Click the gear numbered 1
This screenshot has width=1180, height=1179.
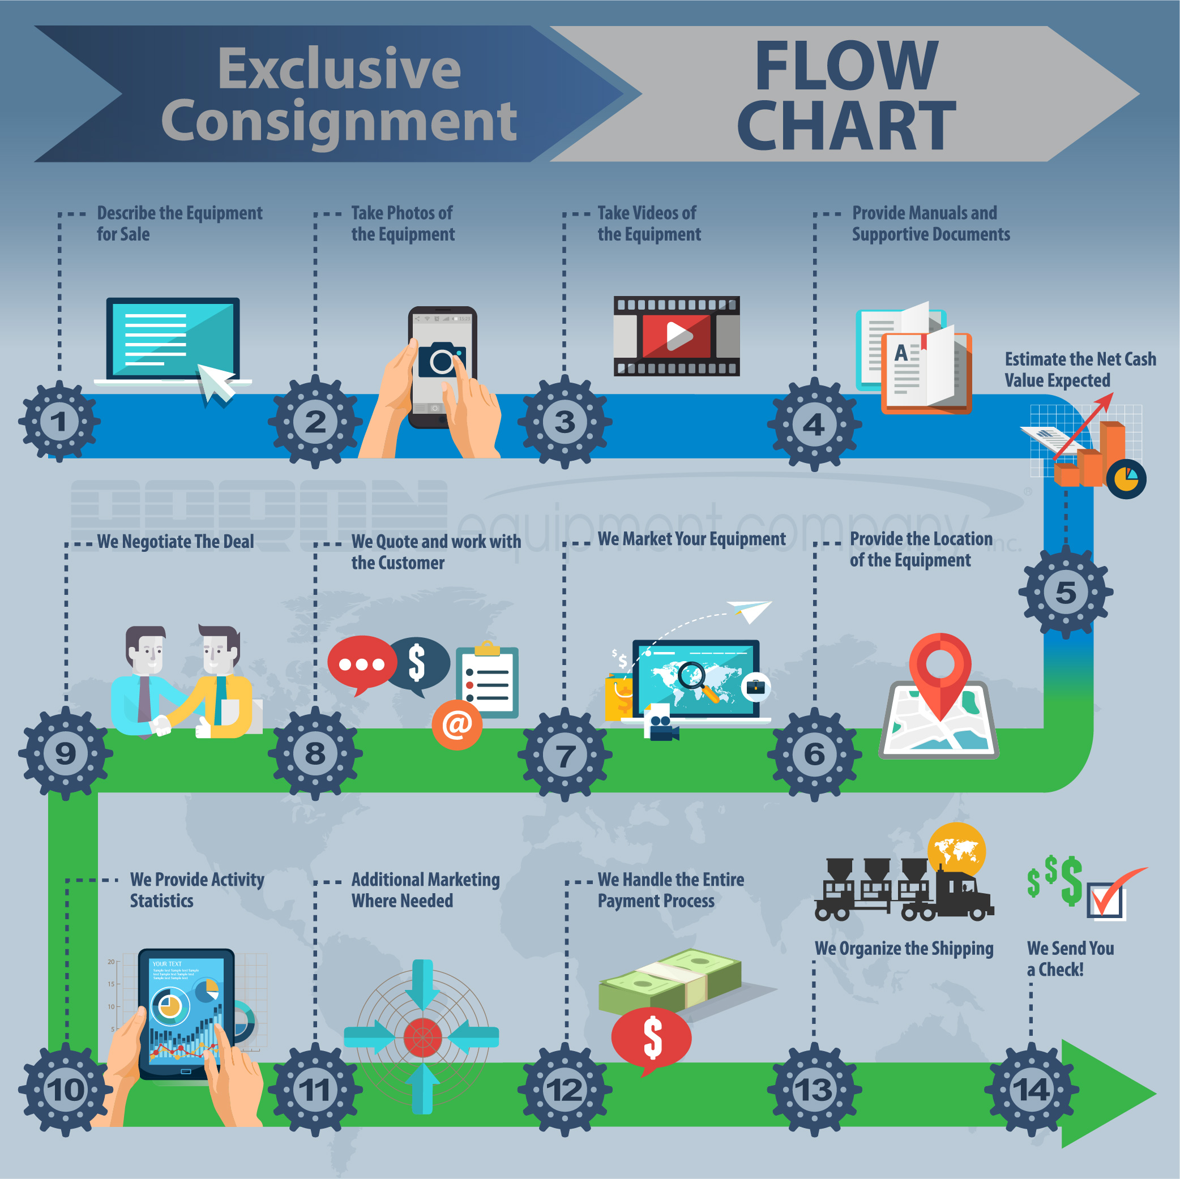pyautogui.click(x=59, y=421)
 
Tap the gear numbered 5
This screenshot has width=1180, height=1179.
pyautogui.click(x=1065, y=592)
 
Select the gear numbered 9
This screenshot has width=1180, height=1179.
pyautogui.click(x=65, y=753)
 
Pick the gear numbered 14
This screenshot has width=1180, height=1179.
pyautogui.click(x=1032, y=1090)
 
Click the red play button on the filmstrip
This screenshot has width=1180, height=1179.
pyautogui.click(x=677, y=335)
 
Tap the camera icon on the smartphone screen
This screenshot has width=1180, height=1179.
pyautogui.click(x=442, y=360)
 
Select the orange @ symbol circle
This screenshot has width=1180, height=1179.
pyautogui.click(x=457, y=724)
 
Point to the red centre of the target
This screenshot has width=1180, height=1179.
pyautogui.click(x=422, y=1037)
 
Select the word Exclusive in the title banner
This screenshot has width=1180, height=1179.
pyautogui.click(x=339, y=68)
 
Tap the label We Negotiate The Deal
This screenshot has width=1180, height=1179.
pyautogui.click(x=176, y=542)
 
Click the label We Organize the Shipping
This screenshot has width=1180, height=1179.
pyautogui.click(x=904, y=948)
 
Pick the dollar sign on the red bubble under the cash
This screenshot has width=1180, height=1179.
pyautogui.click(x=652, y=1037)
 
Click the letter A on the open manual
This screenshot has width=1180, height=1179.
pyautogui.click(x=901, y=353)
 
